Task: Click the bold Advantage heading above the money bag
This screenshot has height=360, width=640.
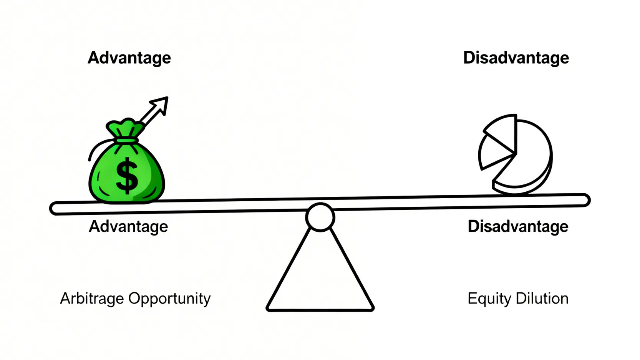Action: pyautogui.click(x=129, y=58)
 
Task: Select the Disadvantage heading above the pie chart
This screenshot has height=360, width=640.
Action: pyautogui.click(x=516, y=58)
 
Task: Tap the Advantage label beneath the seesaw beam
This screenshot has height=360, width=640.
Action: pyautogui.click(x=128, y=227)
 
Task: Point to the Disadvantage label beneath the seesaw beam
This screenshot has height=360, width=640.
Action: pyautogui.click(x=518, y=227)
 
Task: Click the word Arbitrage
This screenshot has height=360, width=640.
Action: pyautogui.click(x=92, y=299)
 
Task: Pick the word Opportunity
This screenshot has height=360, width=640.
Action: pyautogui.click(x=169, y=299)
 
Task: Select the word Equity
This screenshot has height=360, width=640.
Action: pyautogui.click(x=489, y=299)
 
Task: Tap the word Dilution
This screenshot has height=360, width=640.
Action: pyautogui.click(x=542, y=299)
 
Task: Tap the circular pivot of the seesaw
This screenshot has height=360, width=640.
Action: pyautogui.click(x=320, y=217)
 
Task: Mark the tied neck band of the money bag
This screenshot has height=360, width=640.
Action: pyautogui.click(x=126, y=141)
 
